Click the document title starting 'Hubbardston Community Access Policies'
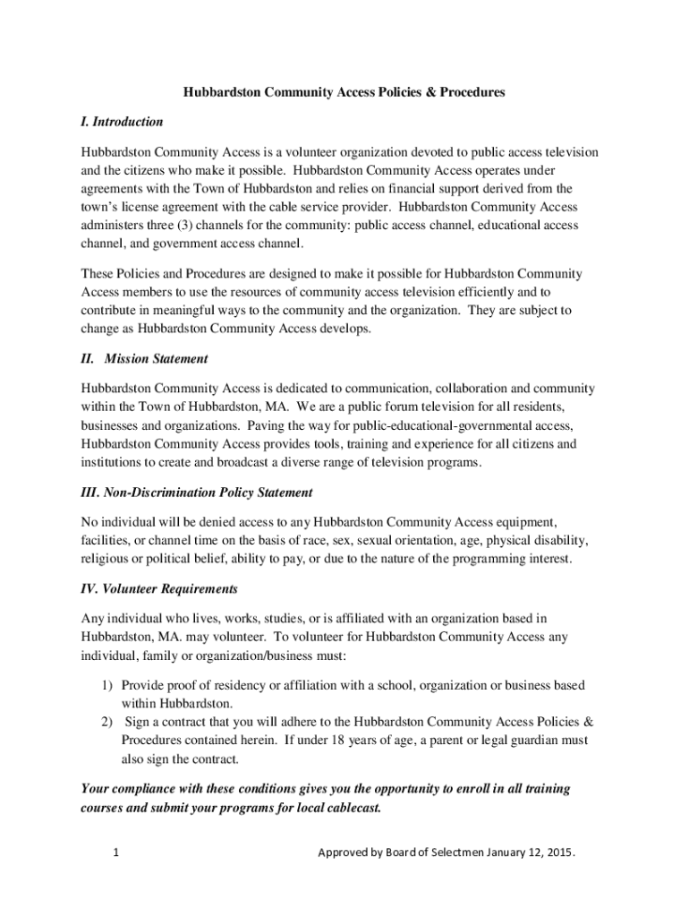(x=344, y=92)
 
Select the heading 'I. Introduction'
(x=122, y=121)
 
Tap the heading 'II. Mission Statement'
(x=144, y=359)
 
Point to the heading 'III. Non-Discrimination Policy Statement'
(x=196, y=493)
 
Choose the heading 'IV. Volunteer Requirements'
(x=159, y=589)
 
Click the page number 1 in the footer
(x=116, y=853)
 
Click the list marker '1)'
(x=106, y=685)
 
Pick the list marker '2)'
(x=106, y=722)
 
